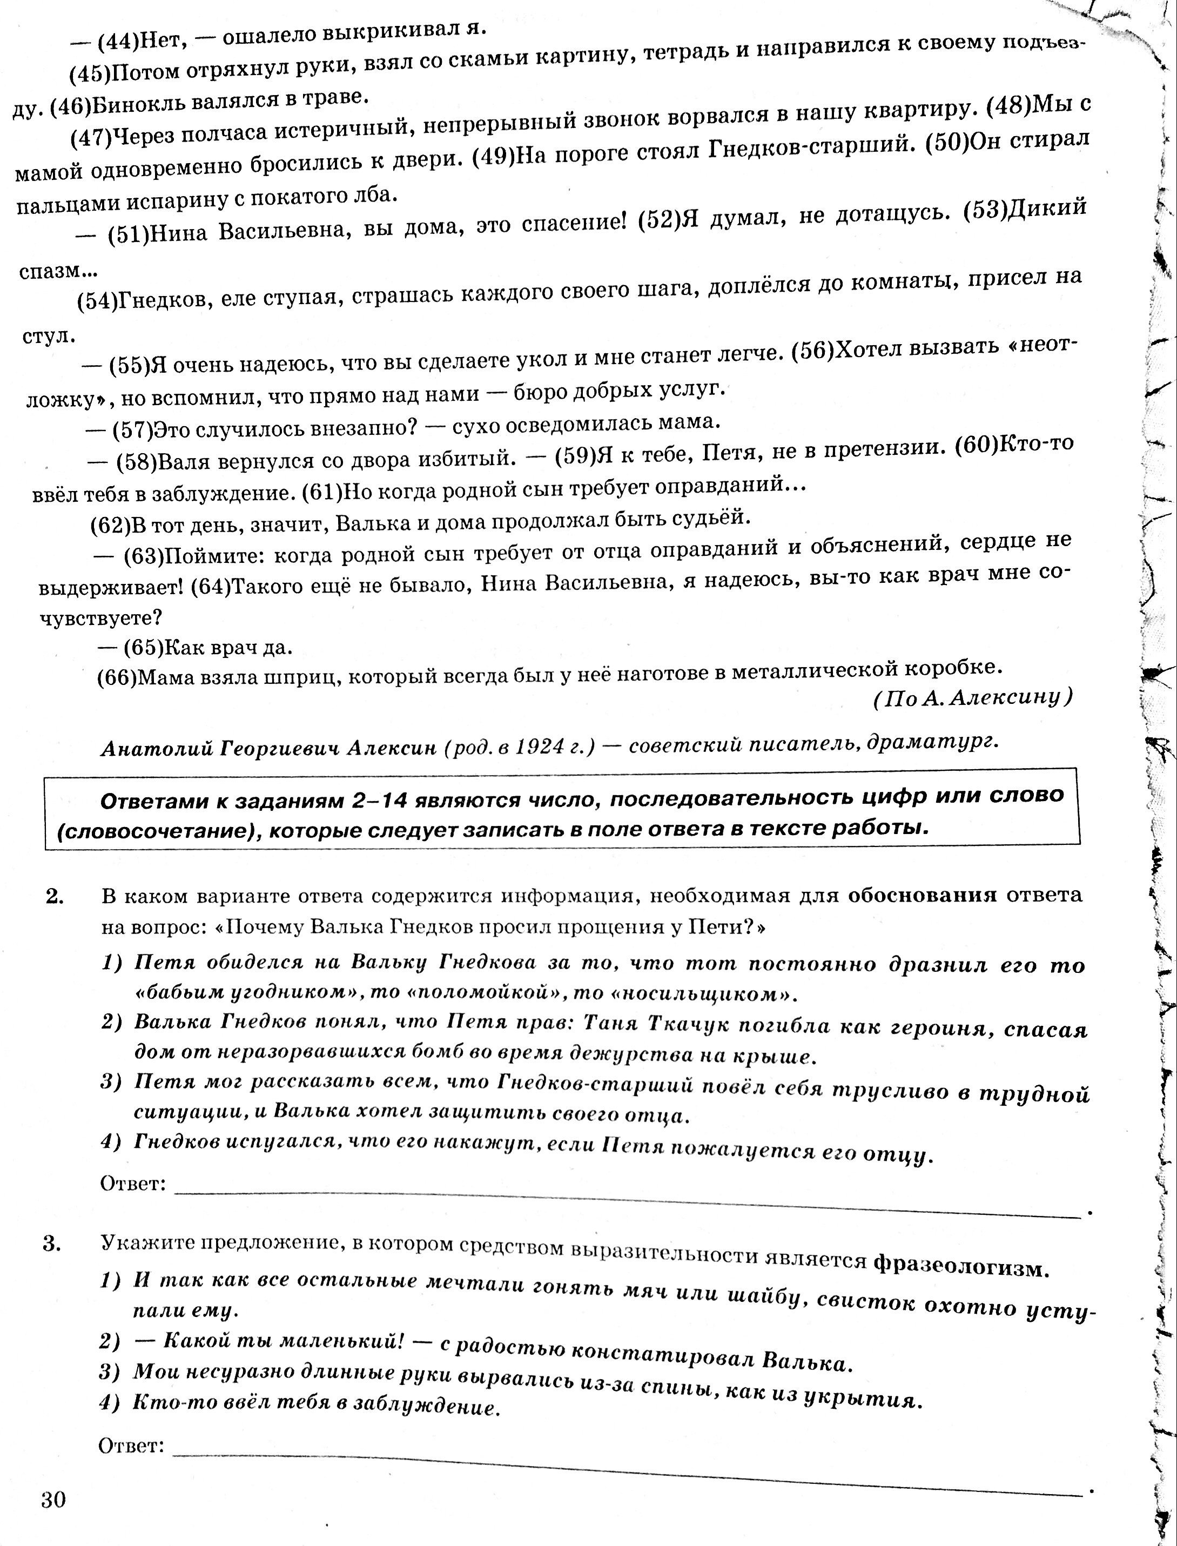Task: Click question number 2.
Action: tap(54, 897)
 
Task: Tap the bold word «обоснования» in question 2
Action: tap(922, 895)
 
